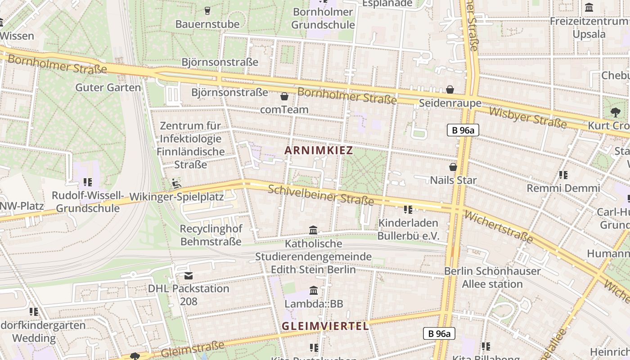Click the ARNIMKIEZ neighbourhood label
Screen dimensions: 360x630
pos(319,150)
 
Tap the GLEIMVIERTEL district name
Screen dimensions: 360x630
pos(325,326)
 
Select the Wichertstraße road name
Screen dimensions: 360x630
pos(498,227)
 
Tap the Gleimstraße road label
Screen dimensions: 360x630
pos(192,349)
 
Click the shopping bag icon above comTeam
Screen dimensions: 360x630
pos(284,96)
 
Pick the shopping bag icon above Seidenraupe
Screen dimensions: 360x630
pos(450,90)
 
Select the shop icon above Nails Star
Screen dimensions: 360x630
pos(453,167)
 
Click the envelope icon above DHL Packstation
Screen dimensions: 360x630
pos(189,275)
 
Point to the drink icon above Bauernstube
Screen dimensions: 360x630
pos(207,10)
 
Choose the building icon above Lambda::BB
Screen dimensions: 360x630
pos(314,291)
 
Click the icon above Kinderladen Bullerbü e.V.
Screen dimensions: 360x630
pos(408,209)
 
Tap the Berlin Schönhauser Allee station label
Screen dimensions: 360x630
pos(492,277)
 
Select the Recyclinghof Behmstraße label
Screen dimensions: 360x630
pos(211,235)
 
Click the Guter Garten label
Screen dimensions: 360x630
pos(108,87)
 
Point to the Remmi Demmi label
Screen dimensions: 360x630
pos(563,188)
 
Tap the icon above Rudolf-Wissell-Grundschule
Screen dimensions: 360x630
pos(88,182)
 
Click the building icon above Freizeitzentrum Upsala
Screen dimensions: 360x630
pos(589,8)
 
